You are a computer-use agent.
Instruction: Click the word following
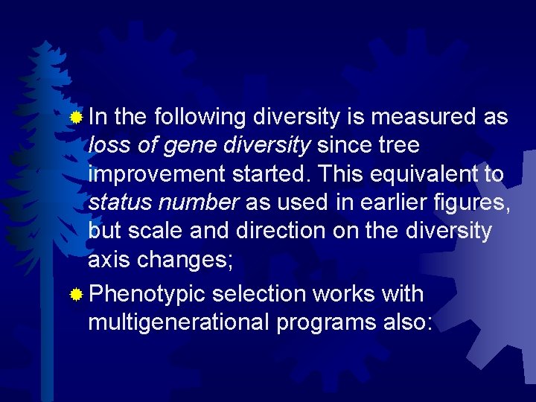200,118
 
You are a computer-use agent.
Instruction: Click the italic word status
118,202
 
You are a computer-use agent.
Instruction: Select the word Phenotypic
146,294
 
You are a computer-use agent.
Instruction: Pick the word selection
257,294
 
